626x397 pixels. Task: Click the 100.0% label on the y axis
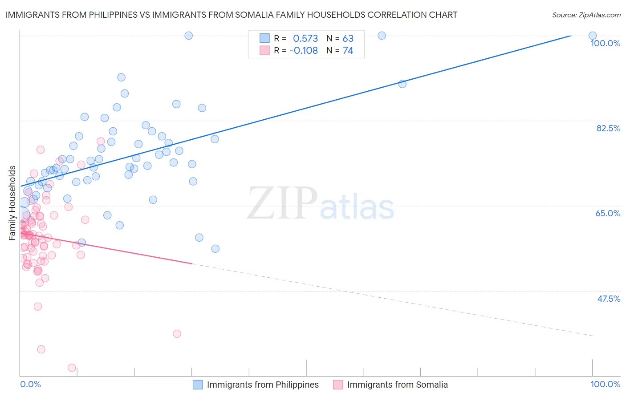pos(605,43)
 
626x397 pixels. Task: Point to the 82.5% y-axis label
pos(608,128)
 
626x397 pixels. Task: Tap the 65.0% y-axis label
pos(608,213)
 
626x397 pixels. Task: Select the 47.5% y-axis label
pos(608,299)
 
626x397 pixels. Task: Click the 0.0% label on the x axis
pos(30,384)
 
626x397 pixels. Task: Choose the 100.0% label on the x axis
pos(605,384)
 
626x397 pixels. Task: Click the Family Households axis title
pos(12,203)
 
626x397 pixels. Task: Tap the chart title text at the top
pos(231,15)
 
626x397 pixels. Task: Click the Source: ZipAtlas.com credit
pos(586,15)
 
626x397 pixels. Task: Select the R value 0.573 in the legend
pos(305,38)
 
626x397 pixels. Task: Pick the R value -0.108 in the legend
pos(303,51)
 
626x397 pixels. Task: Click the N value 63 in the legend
pos(348,38)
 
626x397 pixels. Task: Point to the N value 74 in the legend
pos(348,51)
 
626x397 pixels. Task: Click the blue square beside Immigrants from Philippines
pos(198,385)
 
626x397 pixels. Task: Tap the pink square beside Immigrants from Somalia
pos(338,385)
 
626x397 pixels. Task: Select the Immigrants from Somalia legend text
pos(397,385)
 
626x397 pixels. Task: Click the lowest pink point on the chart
pos(72,368)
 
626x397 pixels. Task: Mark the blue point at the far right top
pos(593,36)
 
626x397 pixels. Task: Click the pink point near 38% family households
pos(177,334)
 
